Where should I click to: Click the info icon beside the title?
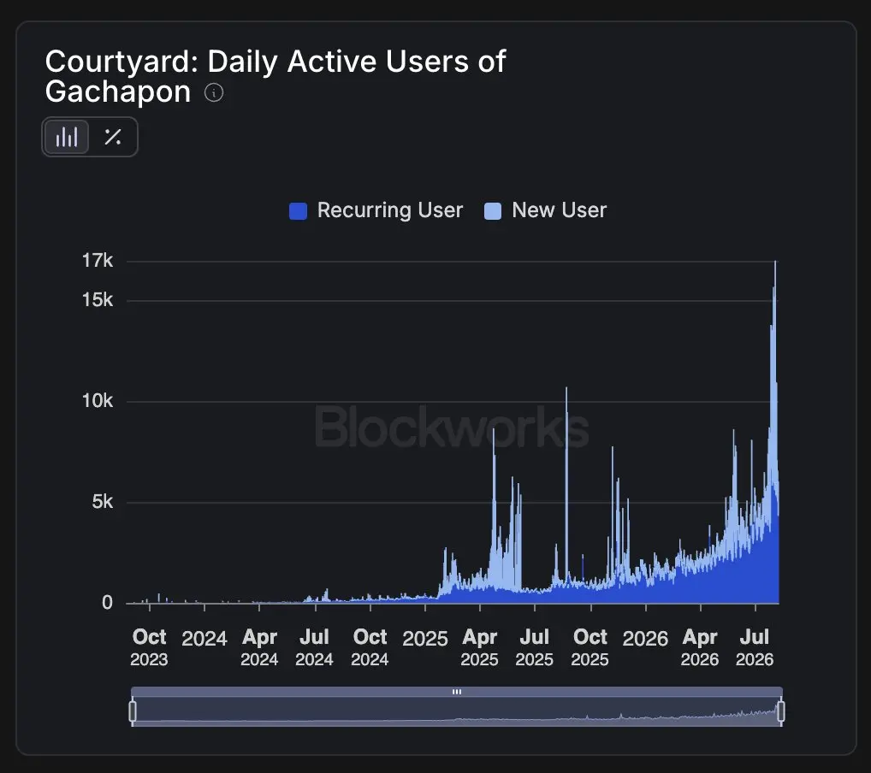click(214, 92)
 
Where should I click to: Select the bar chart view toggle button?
click(66, 137)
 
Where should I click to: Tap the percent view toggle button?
click(113, 137)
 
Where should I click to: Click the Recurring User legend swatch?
click(299, 211)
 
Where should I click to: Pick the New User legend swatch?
click(493, 211)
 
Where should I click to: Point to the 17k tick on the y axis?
click(98, 261)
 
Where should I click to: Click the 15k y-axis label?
click(98, 300)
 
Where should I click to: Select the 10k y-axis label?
click(98, 400)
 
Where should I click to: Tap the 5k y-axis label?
click(102, 501)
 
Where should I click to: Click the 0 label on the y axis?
click(107, 603)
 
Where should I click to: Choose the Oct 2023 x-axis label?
click(149, 647)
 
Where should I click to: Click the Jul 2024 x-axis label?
click(314, 647)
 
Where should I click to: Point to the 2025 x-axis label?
click(425, 639)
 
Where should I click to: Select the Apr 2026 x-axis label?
click(700, 647)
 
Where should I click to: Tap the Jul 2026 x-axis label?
click(755, 647)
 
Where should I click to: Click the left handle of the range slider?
click(133, 711)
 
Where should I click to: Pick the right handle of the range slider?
click(780, 711)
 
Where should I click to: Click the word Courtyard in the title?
click(121, 62)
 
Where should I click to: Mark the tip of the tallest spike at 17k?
click(775, 261)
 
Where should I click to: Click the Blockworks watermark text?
click(452, 427)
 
